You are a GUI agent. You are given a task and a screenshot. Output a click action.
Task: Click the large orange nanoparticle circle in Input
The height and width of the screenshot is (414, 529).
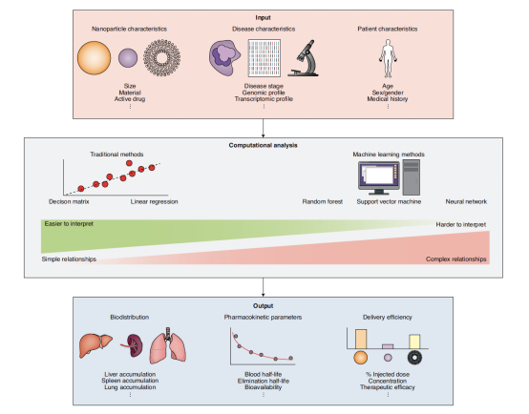coord(95,57)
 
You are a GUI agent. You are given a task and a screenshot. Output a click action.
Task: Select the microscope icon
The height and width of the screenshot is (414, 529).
coord(304,58)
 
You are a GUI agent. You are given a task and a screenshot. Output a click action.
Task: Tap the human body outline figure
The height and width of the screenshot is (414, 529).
coord(388,58)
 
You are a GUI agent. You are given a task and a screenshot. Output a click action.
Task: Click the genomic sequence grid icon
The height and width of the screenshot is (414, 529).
coord(264,58)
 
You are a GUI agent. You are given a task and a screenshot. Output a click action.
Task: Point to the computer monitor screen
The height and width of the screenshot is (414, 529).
coord(379,175)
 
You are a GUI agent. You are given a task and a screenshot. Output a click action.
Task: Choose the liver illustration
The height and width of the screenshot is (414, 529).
coord(95,345)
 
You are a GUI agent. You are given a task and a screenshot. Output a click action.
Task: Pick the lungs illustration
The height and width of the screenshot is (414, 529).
coord(168,346)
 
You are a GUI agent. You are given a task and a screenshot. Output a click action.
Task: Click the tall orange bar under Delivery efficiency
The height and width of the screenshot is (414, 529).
coord(361,340)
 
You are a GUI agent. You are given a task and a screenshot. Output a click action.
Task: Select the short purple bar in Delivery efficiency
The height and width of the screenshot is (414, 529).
coord(388,346)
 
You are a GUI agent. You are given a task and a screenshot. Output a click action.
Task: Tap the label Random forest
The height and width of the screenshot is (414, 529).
coord(322,201)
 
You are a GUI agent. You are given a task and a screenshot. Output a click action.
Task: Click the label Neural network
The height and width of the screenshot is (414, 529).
coord(466,201)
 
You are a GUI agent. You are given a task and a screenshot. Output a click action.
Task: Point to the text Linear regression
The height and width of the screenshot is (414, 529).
coord(154,201)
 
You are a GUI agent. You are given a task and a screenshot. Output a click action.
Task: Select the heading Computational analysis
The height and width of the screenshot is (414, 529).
coord(264,145)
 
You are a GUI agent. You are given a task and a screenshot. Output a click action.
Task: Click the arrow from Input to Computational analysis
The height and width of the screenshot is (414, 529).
coord(264,128)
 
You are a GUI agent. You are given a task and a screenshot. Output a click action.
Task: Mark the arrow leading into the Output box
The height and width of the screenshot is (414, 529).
coord(264,287)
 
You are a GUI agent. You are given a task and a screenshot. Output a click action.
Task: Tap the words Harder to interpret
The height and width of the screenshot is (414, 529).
coord(461,224)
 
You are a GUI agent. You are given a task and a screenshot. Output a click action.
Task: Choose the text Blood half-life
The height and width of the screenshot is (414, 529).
coord(264,374)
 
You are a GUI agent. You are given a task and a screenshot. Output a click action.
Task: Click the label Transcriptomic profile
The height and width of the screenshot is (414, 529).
coord(264,99)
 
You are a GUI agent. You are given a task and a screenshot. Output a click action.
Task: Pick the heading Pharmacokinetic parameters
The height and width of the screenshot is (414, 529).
coord(263,318)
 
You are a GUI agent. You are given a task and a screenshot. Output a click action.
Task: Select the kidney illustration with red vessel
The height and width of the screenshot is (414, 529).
coord(133,345)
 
